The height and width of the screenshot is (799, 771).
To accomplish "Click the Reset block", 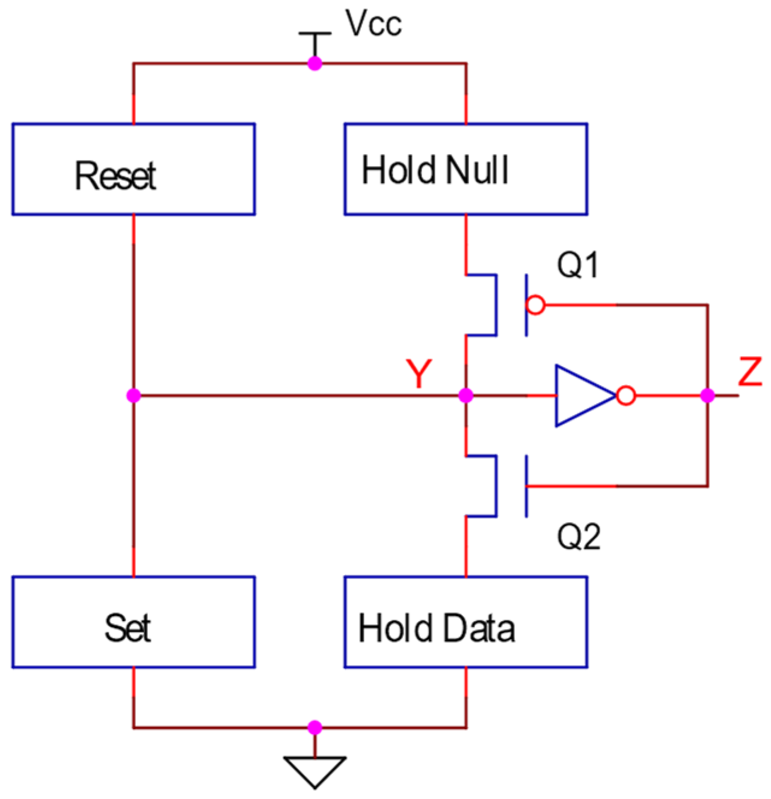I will coord(134,170).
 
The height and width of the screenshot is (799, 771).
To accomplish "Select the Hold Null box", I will coord(465,170).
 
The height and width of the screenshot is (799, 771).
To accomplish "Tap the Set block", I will coord(134,622).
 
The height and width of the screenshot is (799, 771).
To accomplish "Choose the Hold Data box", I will coord(465,622).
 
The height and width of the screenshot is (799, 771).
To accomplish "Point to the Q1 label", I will coord(577,265).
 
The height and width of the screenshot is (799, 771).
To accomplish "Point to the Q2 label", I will coord(578,537).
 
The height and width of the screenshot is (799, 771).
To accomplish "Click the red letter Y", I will coord(419,374).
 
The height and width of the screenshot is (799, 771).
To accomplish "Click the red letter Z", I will coord(750,372).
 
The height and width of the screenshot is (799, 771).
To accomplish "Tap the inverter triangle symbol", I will coord(580,396).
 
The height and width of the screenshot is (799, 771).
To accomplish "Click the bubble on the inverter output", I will coord(626,396).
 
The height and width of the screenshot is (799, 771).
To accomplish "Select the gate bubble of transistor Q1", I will coord(536,305).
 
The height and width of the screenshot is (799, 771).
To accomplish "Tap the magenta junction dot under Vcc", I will coord(315,63).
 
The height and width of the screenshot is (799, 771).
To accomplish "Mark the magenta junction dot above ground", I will coord(315,728).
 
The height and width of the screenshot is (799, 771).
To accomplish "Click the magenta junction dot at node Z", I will coord(708,396).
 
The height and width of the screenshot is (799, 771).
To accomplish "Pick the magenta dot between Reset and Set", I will coord(134,396).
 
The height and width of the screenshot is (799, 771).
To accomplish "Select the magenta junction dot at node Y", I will coord(465,396).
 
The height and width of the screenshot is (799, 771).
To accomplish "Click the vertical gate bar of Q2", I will coord(527,486).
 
